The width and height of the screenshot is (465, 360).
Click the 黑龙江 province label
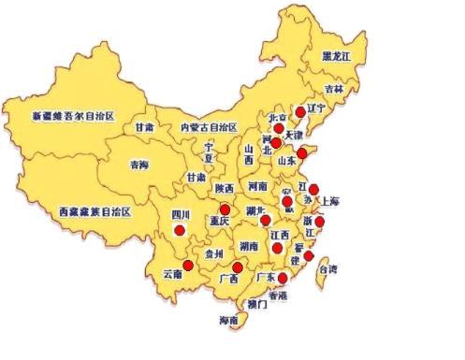(x=336, y=56)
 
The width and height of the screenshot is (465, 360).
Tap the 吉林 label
(x=334, y=89)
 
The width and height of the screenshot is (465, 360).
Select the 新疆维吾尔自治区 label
(x=72, y=116)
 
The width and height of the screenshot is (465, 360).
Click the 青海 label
(x=138, y=166)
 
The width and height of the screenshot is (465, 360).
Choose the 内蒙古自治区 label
(x=210, y=126)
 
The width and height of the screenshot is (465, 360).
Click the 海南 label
(x=228, y=321)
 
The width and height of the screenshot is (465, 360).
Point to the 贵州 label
(x=214, y=252)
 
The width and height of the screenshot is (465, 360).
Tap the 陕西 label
(x=225, y=188)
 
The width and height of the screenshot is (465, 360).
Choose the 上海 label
(x=329, y=201)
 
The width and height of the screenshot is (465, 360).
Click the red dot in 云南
(x=187, y=266)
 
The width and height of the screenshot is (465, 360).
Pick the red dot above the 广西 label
(x=237, y=268)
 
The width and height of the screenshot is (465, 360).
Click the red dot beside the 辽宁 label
(x=300, y=111)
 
